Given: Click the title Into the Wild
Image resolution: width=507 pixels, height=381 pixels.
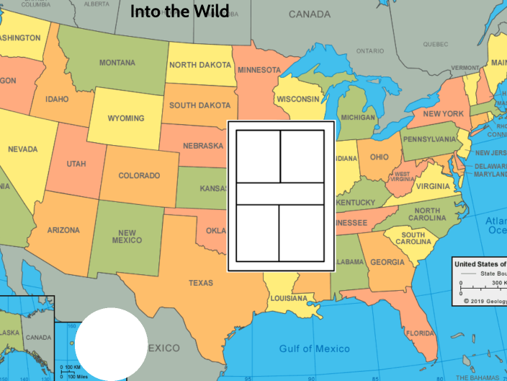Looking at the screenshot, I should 179,12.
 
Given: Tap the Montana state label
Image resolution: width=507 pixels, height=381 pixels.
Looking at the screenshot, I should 117,63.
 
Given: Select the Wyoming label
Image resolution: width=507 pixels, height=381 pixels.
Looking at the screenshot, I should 125,118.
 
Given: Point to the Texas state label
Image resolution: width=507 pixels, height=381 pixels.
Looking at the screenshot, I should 201,283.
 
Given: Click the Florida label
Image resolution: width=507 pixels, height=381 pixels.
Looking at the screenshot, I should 419,333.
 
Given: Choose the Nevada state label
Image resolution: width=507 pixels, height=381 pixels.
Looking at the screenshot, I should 23,149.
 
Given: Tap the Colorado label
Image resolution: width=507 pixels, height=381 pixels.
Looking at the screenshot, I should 139,175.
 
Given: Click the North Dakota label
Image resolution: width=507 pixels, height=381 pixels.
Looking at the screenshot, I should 199,65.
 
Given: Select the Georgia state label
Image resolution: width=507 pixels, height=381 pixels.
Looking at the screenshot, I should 387,263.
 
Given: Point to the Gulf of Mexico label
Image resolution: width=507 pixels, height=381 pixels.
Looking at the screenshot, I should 314,349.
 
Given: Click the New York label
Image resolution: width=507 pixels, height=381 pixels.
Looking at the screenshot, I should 443,114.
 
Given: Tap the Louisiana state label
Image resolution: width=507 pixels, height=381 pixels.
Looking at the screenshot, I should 289,298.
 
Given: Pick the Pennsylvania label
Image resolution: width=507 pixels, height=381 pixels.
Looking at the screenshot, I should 430,139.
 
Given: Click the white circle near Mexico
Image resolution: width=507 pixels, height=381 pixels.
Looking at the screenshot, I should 112,343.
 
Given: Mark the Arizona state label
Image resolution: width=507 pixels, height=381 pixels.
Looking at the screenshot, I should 63,230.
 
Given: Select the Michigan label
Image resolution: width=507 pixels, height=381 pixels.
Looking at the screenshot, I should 358,118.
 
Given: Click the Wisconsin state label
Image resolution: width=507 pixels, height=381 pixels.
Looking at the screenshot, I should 297,99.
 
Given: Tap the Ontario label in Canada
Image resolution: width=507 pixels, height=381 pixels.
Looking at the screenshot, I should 369,51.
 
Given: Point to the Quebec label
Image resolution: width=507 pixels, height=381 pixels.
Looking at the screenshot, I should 436,44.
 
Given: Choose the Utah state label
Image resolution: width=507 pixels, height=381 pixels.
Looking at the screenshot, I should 76,164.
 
